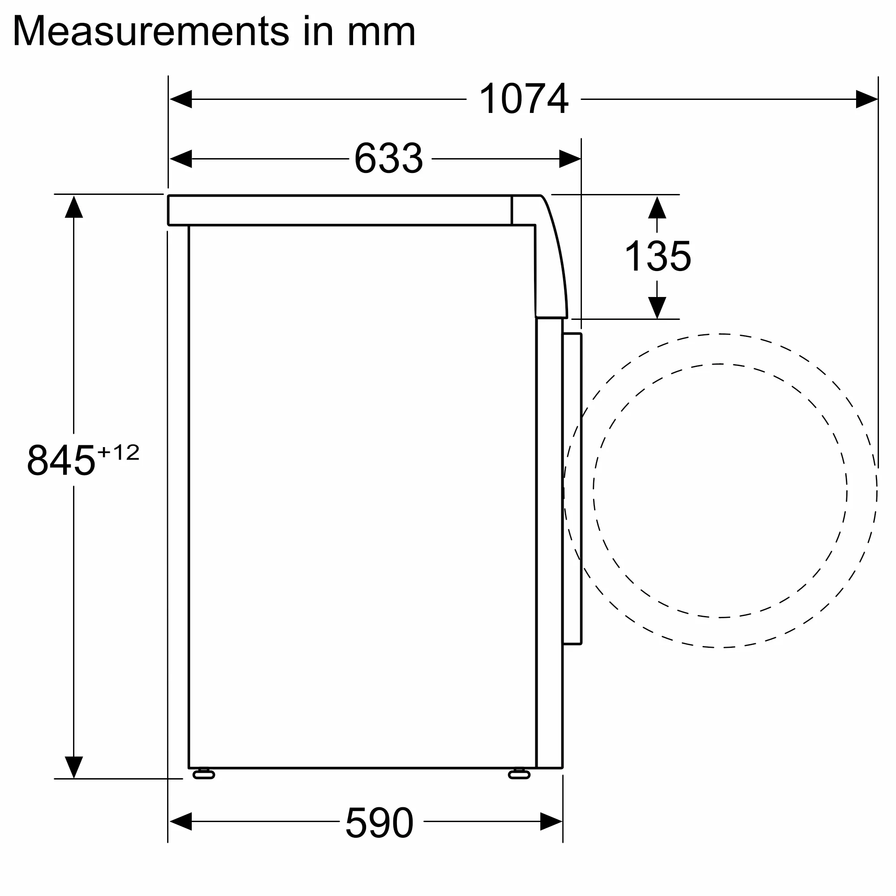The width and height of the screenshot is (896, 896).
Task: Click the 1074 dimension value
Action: point(523,99)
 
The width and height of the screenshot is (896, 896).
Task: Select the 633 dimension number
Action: point(388,159)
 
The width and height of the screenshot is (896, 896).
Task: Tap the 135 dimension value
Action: point(657,256)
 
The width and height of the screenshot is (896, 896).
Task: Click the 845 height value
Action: point(61,461)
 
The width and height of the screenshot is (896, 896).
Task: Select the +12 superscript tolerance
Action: point(119,452)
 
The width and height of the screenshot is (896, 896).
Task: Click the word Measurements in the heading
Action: point(151,31)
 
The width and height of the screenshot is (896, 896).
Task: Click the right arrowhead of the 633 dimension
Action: point(569,159)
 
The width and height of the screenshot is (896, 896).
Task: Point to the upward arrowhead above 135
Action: point(657,208)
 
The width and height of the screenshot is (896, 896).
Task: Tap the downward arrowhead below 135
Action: point(657,307)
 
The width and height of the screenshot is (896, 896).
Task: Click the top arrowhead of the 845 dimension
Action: point(74,207)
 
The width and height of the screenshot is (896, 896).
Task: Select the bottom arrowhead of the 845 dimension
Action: point(74,767)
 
